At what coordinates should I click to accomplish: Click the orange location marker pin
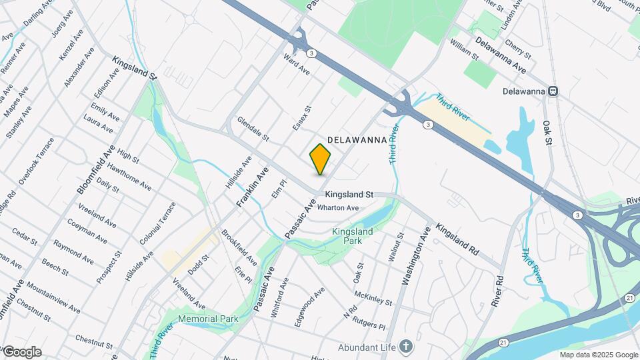321,159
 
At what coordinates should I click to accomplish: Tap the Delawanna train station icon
553,91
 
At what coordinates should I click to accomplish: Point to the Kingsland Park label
352,236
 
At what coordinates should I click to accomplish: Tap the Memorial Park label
208,319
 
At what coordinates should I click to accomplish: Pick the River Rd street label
495,291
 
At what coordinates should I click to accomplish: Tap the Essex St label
302,117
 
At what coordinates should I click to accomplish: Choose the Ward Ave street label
297,64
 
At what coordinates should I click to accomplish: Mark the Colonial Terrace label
165,223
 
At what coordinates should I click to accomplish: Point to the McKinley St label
373,297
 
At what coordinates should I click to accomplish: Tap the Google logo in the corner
21,351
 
